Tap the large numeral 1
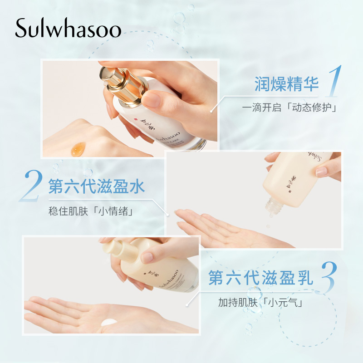[x=335, y=82]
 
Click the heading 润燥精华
[x=286, y=84]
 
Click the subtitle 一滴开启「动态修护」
[x=291, y=108]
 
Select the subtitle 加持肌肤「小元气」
[x=260, y=301]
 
